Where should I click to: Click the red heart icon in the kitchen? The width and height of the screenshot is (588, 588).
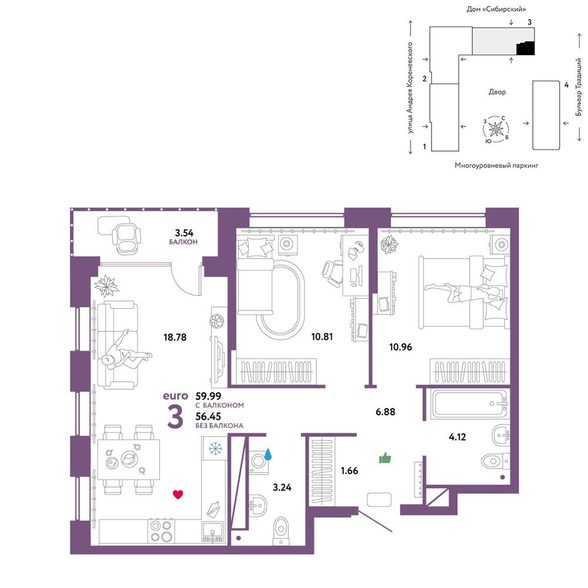coord(178,495)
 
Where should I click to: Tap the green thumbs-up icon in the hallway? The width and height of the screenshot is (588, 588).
coord(385,458)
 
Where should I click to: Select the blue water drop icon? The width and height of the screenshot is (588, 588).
coord(268,454)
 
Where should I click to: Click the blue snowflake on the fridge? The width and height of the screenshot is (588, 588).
coord(215,448)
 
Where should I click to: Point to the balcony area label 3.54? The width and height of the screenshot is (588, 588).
coord(184,233)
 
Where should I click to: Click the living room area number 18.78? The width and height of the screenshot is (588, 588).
coord(175,337)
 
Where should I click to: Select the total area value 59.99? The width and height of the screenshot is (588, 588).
coord(209,396)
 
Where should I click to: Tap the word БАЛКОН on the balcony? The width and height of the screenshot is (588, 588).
coord(183,242)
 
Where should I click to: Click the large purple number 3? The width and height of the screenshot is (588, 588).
coord(175,417)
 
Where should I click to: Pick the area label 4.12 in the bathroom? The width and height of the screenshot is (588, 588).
coord(457,437)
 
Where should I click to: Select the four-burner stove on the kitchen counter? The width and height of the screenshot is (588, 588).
coord(161,531)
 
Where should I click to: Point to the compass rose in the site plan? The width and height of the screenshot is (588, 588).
coord(496,129)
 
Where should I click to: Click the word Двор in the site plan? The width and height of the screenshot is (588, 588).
coord(497,92)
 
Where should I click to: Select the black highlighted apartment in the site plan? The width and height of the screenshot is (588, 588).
coord(525,48)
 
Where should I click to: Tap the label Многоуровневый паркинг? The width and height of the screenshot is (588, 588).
coord(496,165)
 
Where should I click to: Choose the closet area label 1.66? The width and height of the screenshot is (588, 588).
coord(349,470)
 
